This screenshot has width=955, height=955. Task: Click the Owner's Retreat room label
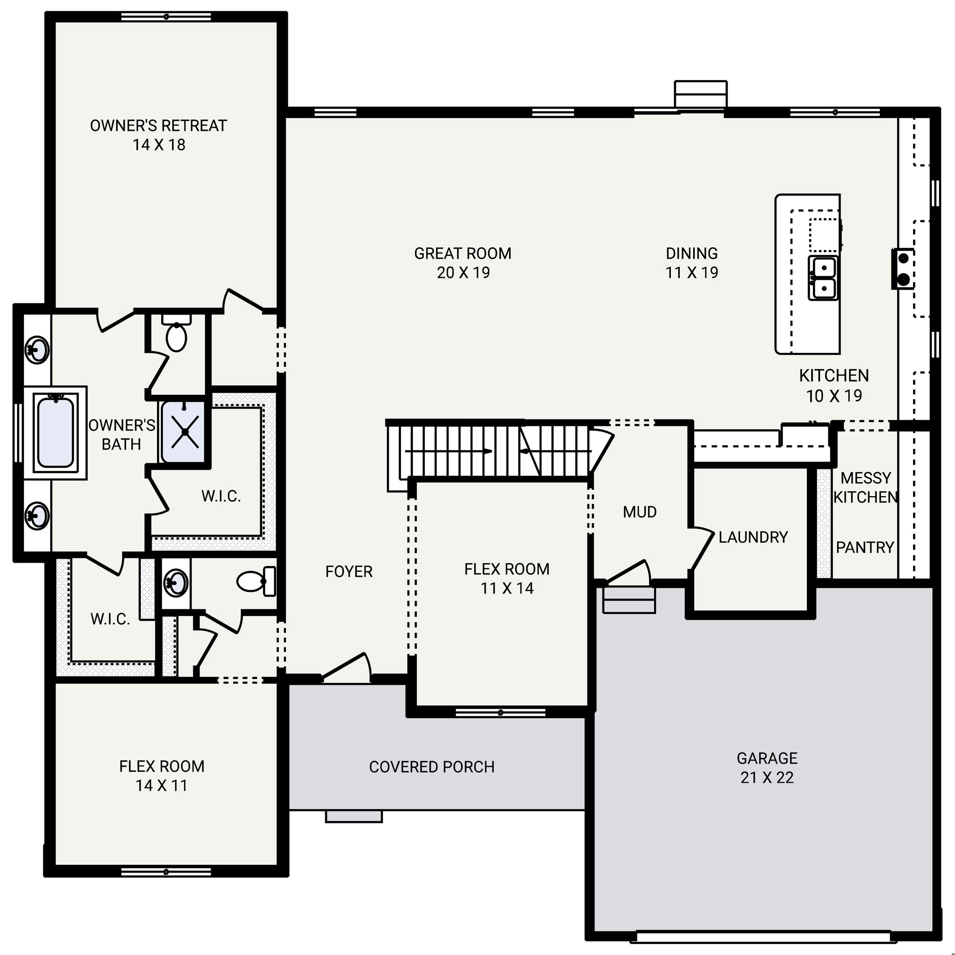pos(159,135)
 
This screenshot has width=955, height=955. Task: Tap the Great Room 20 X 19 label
pos(463,263)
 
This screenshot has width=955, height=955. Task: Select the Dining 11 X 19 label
pos(692,263)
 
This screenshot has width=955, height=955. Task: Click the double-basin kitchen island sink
pos(823,278)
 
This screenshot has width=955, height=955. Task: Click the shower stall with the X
pos(184,432)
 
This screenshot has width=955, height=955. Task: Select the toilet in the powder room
pos(257,581)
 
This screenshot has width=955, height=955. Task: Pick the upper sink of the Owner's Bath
pos(37,350)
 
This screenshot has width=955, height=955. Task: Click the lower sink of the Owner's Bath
pos(37,516)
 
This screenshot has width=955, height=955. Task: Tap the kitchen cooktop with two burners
pos(903,269)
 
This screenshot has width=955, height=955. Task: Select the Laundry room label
pos(753,537)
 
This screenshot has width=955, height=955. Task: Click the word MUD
pos(640,512)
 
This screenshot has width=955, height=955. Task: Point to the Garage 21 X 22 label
pos(767,768)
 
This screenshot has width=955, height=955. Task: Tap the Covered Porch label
pos(432,767)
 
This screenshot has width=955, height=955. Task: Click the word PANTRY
pos(865,547)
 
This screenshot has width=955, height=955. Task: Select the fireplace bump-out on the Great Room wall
pos(701,94)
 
